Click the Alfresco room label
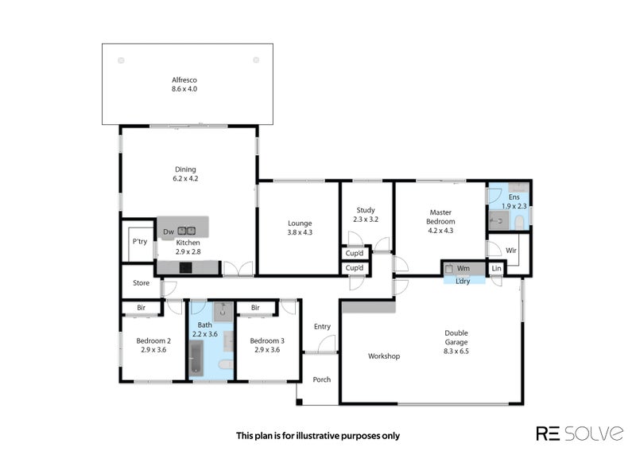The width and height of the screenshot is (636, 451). [184, 80]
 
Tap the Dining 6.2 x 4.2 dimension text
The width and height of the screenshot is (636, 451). [185, 178]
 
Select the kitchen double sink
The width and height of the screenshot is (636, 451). [187, 231]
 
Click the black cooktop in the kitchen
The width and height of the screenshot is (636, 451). [186, 267]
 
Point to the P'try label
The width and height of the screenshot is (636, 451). [140, 242]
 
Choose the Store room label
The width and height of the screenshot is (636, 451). [142, 283]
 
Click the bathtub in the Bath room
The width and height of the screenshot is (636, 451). [196, 358]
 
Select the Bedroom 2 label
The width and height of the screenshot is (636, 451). [153, 340]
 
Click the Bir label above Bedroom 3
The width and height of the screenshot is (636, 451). [255, 308]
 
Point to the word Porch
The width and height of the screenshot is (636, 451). [322, 379]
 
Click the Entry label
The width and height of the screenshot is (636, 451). [322, 326]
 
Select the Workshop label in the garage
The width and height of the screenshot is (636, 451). [384, 356]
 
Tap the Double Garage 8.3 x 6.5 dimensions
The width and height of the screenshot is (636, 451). [456, 351]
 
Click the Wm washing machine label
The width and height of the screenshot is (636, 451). [463, 268]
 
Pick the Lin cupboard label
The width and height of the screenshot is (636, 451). [496, 268]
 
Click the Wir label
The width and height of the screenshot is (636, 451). [511, 251]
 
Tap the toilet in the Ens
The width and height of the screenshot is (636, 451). [520, 223]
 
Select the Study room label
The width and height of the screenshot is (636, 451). [366, 210]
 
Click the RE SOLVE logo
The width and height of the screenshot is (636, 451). [580, 434]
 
